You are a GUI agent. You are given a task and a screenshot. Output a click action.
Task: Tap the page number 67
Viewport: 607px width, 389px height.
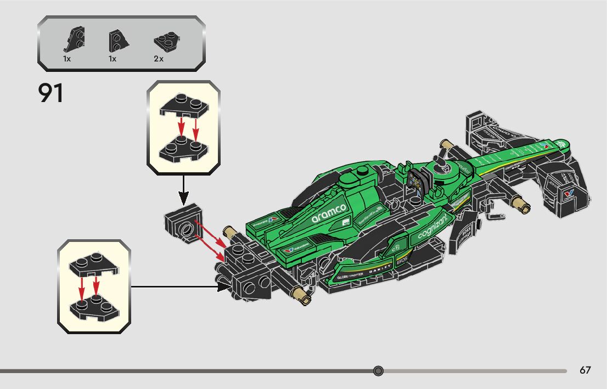point(585,370)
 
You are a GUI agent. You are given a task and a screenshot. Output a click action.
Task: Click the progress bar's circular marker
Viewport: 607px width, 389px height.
point(378,371)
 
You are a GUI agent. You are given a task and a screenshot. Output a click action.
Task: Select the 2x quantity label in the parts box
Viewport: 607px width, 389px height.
point(159,59)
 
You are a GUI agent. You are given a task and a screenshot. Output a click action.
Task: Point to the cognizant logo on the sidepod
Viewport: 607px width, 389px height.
point(434,226)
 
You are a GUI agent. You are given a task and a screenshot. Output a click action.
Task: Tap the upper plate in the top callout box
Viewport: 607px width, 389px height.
point(183,106)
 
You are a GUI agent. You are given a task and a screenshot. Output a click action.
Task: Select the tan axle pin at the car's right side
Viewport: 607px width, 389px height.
point(520,205)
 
